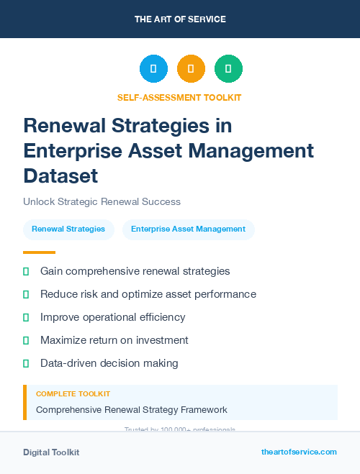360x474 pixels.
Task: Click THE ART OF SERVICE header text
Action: click(x=180, y=19)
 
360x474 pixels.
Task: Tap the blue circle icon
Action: click(x=153, y=68)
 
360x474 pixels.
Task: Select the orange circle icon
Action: click(x=191, y=68)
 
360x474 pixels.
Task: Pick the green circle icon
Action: click(x=228, y=68)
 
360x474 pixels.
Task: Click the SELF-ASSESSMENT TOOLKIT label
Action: click(x=179, y=97)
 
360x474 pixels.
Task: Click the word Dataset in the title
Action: click(x=60, y=176)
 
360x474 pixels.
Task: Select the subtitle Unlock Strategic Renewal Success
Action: click(x=102, y=201)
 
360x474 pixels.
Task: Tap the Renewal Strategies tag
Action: click(x=68, y=229)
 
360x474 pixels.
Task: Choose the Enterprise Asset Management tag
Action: click(x=189, y=229)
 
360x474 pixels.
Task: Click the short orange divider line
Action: click(x=39, y=252)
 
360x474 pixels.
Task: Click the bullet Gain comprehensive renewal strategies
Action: click(x=135, y=271)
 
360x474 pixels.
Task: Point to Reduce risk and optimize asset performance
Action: click(x=148, y=294)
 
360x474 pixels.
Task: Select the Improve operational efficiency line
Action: click(x=113, y=317)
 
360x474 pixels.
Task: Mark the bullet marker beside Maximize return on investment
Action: click(x=26, y=340)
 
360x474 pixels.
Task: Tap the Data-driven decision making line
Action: click(x=109, y=363)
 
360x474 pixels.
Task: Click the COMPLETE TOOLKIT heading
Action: click(x=73, y=394)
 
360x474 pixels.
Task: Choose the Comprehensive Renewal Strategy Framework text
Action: click(x=132, y=410)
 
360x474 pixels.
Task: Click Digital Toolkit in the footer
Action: click(x=51, y=452)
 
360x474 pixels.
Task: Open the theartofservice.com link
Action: click(x=299, y=452)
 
